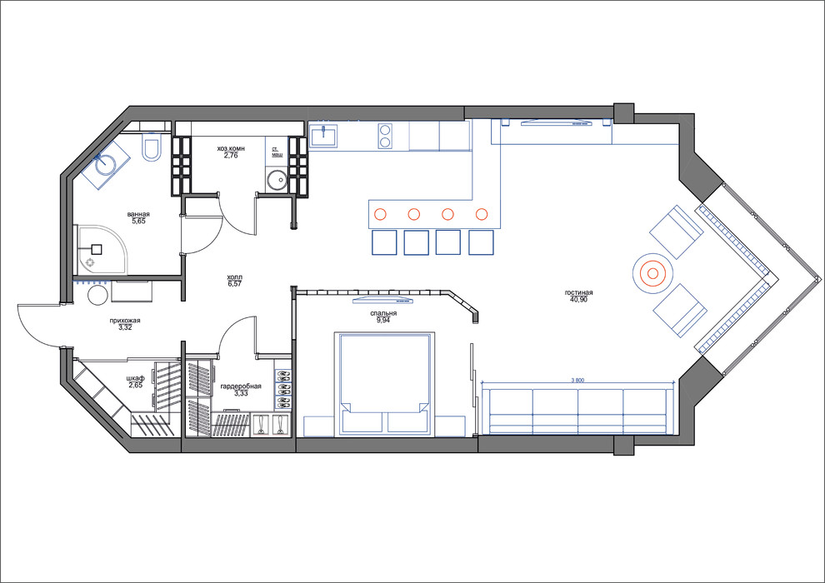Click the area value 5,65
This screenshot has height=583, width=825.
tap(138, 222)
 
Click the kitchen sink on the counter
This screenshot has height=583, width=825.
tap(323, 136)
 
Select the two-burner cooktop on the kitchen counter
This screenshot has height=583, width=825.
tap(386, 136)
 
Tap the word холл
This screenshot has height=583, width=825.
tap(233, 277)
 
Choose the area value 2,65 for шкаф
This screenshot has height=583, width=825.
tap(135, 385)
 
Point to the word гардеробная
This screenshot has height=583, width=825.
tap(241, 386)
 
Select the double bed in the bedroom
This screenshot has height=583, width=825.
tap(385, 383)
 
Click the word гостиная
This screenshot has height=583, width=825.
tap(577, 292)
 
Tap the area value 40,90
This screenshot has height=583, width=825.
tap(577, 300)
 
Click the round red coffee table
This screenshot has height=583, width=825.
tap(652, 272)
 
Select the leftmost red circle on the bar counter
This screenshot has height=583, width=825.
tap(380, 213)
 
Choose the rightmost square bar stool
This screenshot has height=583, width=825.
tap(482, 242)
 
